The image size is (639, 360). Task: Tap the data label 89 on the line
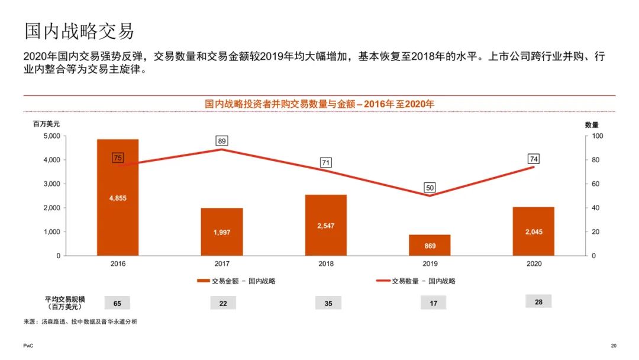tap(222, 141)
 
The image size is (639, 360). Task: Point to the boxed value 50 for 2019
tap(430, 188)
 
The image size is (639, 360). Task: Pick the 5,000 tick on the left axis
tap(51, 136)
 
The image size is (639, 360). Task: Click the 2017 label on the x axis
tap(222, 263)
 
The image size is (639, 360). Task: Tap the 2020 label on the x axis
tap(534, 263)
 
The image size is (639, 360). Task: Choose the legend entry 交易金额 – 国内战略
tap(236, 281)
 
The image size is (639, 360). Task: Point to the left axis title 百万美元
tap(46, 124)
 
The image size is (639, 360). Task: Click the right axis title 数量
tap(591, 124)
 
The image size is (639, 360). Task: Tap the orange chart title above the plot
tap(319, 104)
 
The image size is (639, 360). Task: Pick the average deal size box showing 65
tap(117, 303)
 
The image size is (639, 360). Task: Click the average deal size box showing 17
tap(433, 303)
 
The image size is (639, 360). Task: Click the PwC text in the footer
tap(28, 346)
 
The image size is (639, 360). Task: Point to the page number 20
tap(613, 346)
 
